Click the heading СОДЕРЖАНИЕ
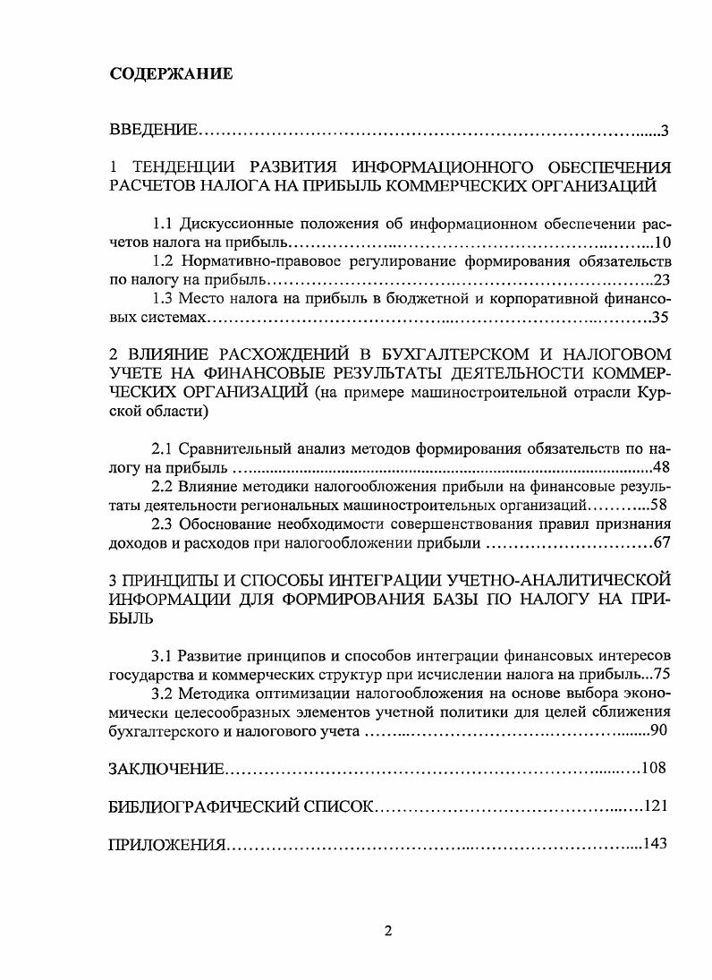171,74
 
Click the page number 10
662,243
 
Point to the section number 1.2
164,260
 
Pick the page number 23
662,279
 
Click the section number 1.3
164,298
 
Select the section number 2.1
164,447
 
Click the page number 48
662,466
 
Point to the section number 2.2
164,486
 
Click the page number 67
662,542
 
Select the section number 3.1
164,657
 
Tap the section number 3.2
164,695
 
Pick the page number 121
657,805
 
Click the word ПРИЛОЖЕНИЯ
166,843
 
